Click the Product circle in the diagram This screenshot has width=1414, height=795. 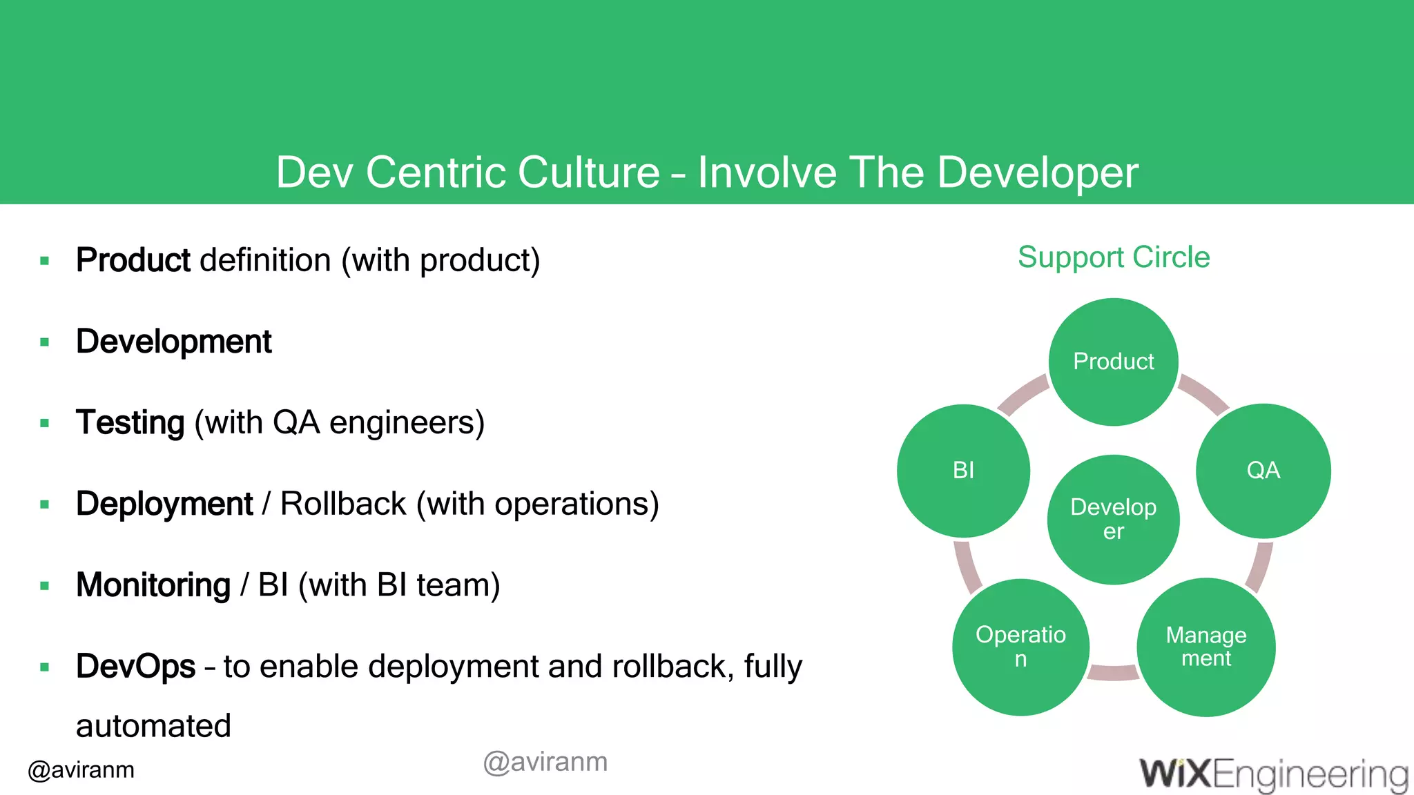1113,362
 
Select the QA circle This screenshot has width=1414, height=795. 1263,471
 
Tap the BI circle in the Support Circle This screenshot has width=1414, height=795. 963,471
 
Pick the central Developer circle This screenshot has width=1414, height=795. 1113,519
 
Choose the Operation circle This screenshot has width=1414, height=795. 1020,647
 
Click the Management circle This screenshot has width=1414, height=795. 1205,647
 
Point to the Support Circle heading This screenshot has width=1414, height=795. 1113,257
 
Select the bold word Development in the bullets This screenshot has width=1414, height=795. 174,342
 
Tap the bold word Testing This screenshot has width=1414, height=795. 130,422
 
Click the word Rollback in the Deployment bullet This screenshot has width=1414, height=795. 343,504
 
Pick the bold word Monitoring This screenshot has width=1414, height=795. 153,585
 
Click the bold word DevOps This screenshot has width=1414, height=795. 136,667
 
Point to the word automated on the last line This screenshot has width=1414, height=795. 153,726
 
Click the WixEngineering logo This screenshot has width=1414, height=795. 1274,774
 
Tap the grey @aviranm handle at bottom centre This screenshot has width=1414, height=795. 545,762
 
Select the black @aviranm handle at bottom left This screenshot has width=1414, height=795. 81,770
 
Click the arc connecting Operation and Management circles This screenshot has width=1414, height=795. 1113,672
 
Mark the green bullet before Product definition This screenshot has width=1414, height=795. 45,261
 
